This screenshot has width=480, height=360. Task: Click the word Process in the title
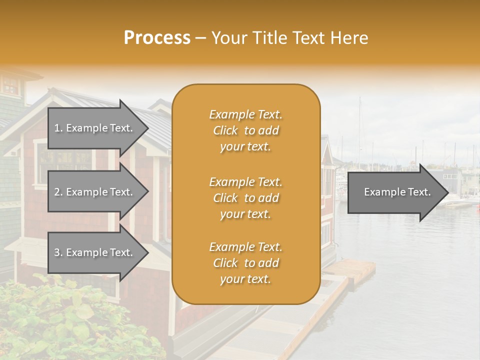[x=157, y=38]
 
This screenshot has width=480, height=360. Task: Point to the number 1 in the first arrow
[x=57, y=128]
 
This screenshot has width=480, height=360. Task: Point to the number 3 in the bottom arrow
[x=57, y=252]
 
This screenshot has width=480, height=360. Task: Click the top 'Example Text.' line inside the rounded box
[x=245, y=114]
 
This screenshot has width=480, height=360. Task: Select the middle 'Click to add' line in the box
[x=245, y=198]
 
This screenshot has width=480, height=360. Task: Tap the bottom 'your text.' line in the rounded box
[x=245, y=279]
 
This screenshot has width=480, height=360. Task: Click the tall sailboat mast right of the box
[x=359, y=130]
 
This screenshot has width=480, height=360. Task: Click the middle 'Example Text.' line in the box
[x=245, y=182]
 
